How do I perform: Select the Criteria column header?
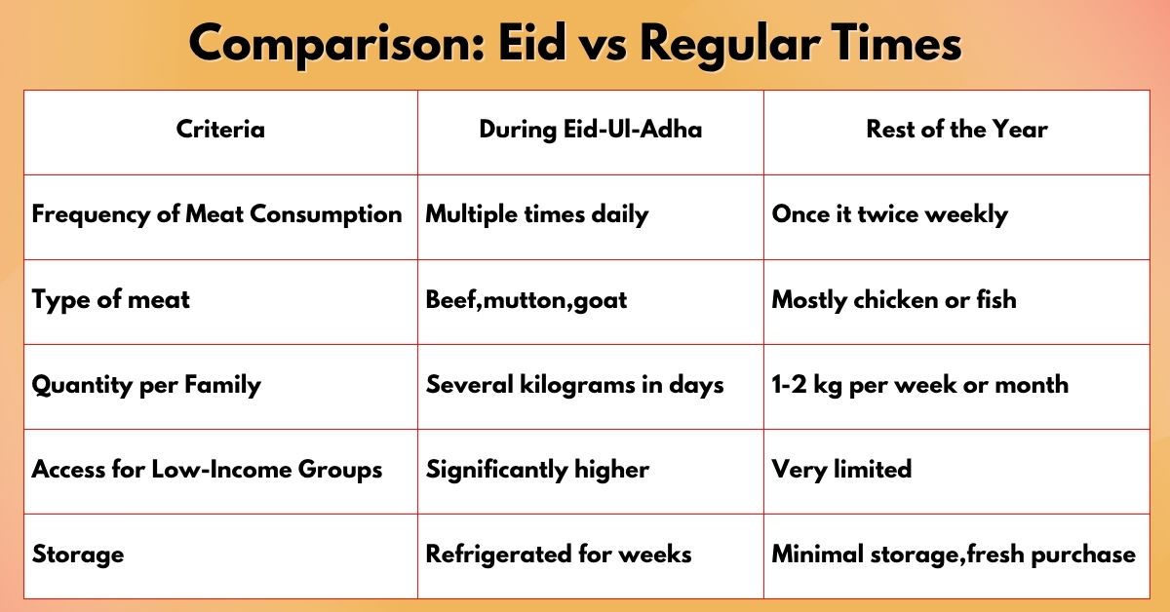[x=220, y=129]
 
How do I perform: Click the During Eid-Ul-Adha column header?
[x=591, y=130]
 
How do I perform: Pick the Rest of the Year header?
[x=956, y=129]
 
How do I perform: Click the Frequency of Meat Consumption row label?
[x=216, y=214]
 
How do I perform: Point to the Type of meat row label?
[x=111, y=300]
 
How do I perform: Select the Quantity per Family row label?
[x=146, y=385]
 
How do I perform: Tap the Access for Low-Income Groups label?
[x=207, y=469]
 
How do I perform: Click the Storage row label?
[x=78, y=555]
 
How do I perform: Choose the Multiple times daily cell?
[x=537, y=214]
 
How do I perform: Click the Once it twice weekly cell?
[x=890, y=214]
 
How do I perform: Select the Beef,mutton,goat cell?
[x=526, y=300]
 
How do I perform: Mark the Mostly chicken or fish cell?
[x=894, y=300]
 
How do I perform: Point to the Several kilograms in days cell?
[x=574, y=385]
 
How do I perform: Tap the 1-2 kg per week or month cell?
[x=920, y=385]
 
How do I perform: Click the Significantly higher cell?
[x=537, y=470]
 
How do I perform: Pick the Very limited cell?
[x=841, y=470]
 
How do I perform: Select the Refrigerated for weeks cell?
[x=559, y=555]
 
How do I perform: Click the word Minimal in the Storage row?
[x=817, y=555]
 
